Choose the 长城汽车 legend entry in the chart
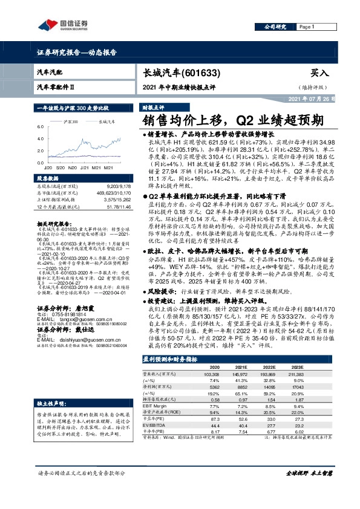point(106,121)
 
